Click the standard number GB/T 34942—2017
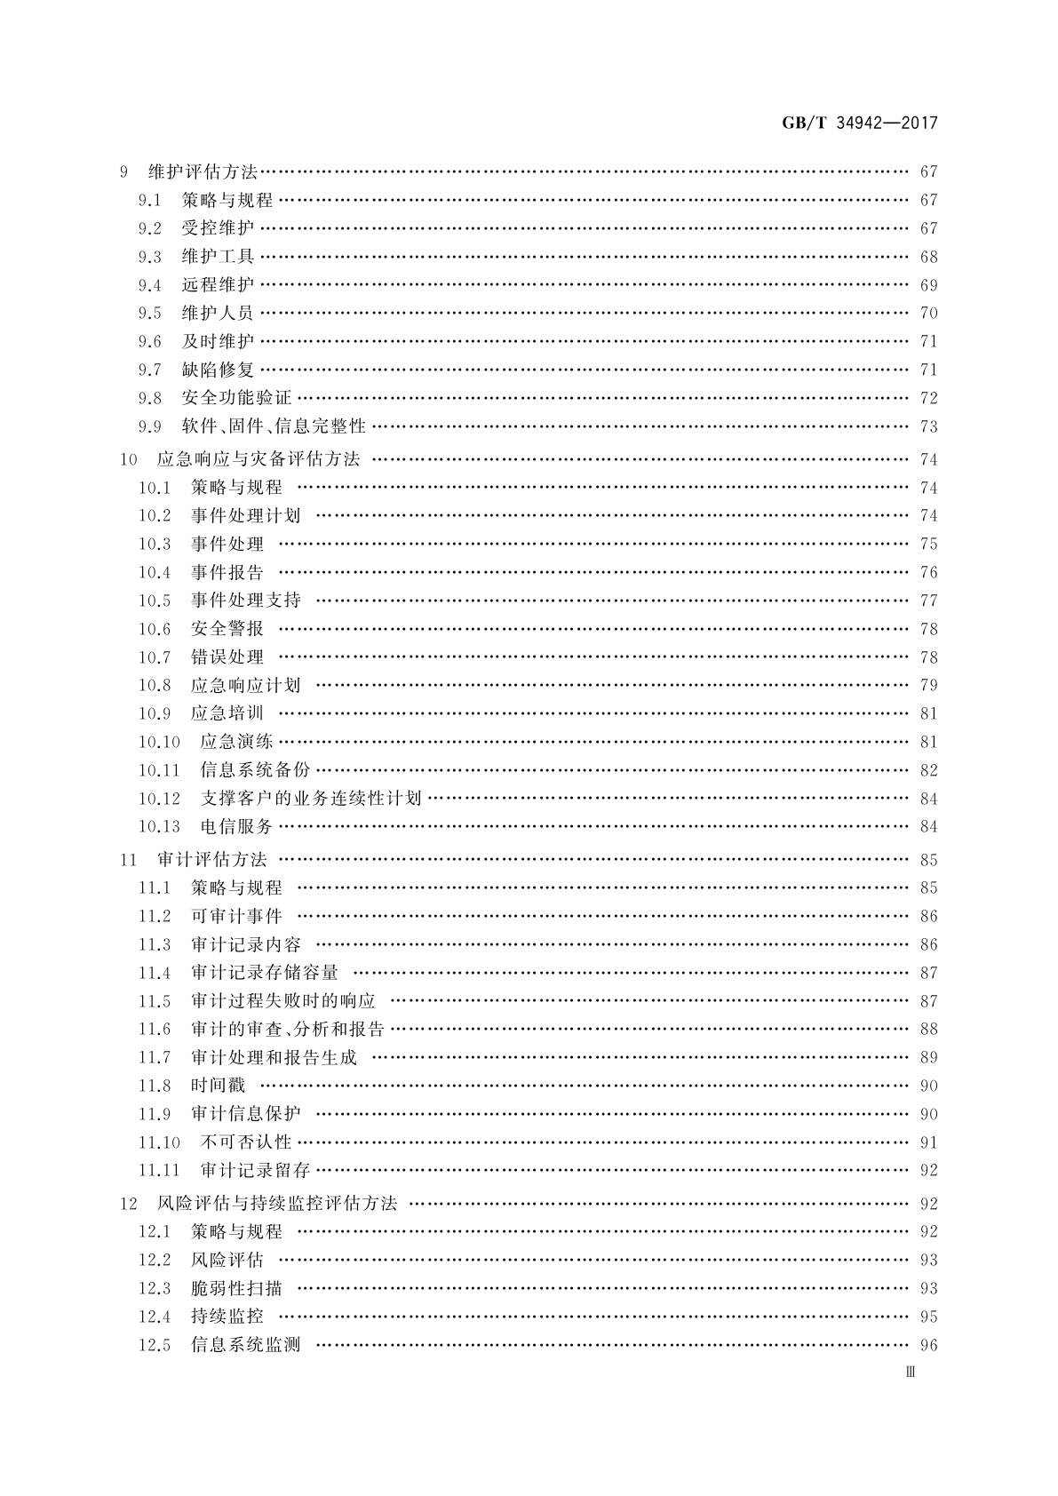(x=859, y=123)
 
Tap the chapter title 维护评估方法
(x=202, y=171)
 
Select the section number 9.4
(x=150, y=285)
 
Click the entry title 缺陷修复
(x=218, y=370)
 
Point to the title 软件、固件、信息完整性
(x=274, y=426)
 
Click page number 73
(x=928, y=426)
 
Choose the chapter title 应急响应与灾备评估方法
(x=259, y=459)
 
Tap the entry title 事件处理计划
(x=246, y=515)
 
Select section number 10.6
(x=155, y=629)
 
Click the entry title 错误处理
(x=227, y=657)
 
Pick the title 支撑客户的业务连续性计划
(x=311, y=799)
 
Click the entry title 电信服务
(x=236, y=826)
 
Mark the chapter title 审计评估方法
(x=211, y=860)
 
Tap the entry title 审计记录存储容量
(x=265, y=973)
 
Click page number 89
(x=928, y=1057)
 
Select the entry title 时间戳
(x=218, y=1086)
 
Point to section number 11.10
(x=159, y=1142)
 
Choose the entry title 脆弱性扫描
(x=236, y=1288)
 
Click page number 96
(x=928, y=1345)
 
